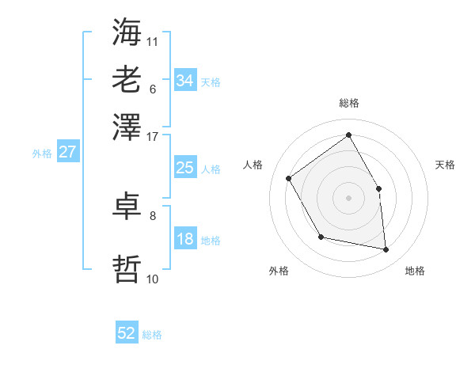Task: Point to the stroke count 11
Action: (x=153, y=40)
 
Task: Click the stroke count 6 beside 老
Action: (x=153, y=88)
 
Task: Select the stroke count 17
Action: (x=153, y=135)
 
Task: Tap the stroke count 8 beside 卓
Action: (x=153, y=215)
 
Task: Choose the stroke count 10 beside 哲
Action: (x=153, y=279)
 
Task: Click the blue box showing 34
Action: (x=184, y=81)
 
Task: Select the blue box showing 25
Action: (x=184, y=168)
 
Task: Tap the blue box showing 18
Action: (x=184, y=239)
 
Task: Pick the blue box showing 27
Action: (x=67, y=152)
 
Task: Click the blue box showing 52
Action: (x=127, y=333)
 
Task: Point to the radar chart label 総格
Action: (x=348, y=104)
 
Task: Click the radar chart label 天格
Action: (x=445, y=165)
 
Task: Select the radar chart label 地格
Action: (x=415, y=271)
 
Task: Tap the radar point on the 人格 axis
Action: (x=289, y=178)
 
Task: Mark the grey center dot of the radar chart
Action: (x=348, y=197)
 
